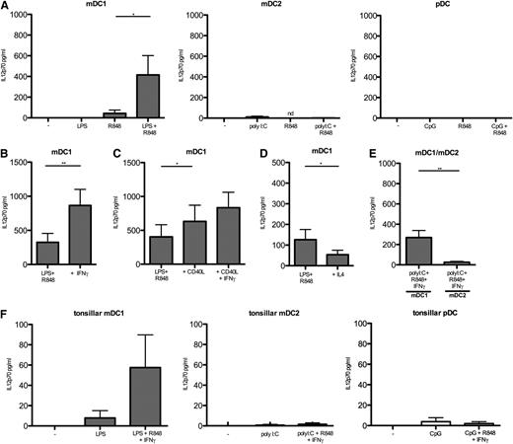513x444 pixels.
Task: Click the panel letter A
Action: [x=6, y=7]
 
